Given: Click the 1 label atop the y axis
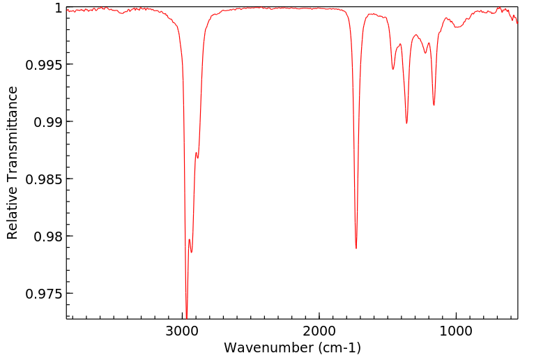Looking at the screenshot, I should (59, 8).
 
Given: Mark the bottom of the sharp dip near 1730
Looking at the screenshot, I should (356, 248).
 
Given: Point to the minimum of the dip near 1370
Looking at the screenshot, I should (406, 123).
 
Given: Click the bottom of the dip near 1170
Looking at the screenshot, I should (434, 105).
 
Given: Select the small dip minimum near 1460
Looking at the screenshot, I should (393, 69).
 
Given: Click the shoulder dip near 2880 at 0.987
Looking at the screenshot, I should (197, 158).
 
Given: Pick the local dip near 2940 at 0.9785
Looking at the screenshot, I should (191, 253).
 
